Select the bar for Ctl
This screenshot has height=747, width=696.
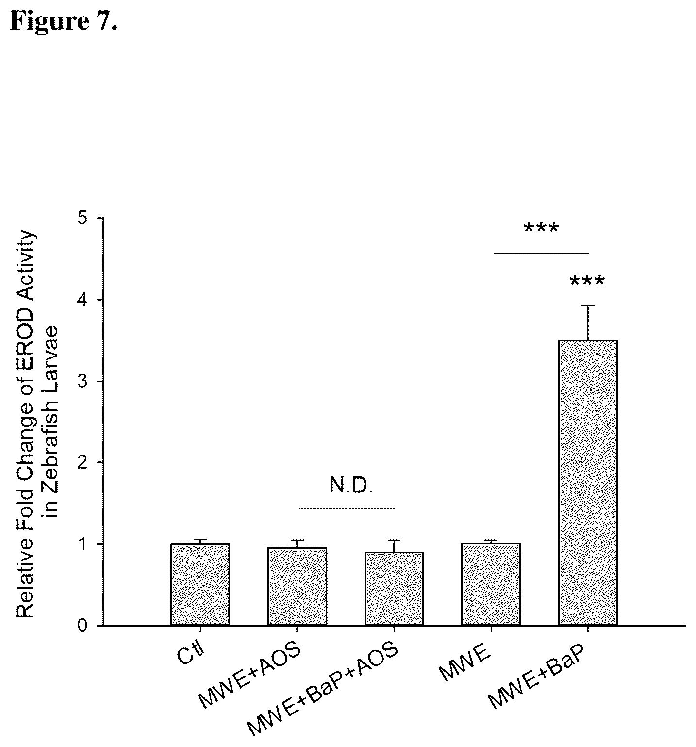tap(200, 584)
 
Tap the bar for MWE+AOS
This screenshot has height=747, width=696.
tap(297, 586)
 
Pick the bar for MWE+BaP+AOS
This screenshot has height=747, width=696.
tap(394, 589)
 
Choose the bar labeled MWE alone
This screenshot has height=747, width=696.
tap(491, 584)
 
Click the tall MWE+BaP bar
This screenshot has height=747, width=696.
tap(588, 483)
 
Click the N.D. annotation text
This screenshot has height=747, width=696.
tap(351, 486)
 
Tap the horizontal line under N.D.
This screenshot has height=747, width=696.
tap(348, 508)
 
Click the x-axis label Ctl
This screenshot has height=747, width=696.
tap(192, 653)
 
